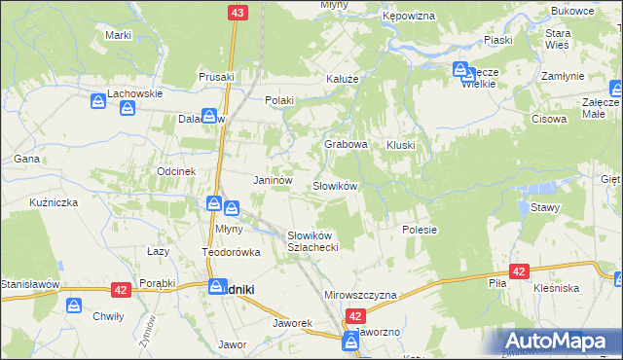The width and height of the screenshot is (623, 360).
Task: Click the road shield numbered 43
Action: pos(238,12)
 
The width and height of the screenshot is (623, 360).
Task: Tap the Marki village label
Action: pos(118,35)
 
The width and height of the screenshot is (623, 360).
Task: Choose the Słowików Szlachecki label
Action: pos(311,241)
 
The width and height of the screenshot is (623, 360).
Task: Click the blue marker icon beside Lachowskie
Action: pos(99,101)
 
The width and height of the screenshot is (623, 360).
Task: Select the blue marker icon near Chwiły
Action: pos(74,306)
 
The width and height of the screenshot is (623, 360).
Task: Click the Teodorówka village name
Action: pos(232,252)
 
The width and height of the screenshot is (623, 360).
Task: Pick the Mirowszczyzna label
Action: pos(360,295)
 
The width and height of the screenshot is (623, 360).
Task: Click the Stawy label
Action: pos(544,206)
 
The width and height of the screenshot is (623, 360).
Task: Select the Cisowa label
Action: pos(549,120)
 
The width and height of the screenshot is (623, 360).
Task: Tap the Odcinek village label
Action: pos(177,170)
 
